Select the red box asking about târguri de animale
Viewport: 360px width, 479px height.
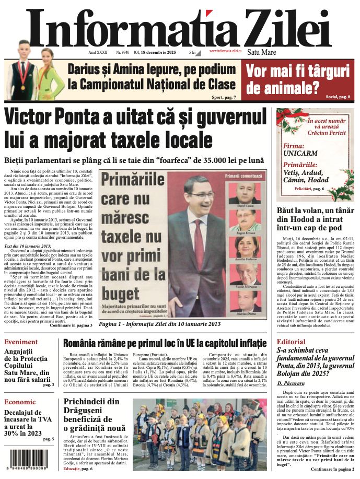pos(298,78)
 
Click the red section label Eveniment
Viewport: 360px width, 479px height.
pos(21,342)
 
